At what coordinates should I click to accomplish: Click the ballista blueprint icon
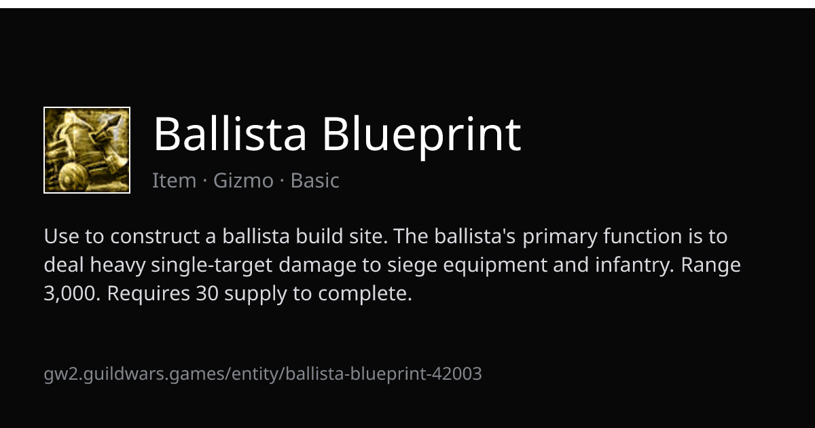click(x=87, y=150)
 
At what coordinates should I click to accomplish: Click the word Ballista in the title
click(x=230, y=134)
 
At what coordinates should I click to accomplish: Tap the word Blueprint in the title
click(x=422, y=137)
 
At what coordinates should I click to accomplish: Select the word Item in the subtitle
click(x=175, y=180)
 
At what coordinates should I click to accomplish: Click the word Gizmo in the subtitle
click(x=243, y=180)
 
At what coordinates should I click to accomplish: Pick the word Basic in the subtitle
click(x=314, y=180)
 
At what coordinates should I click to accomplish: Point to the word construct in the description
click(x=155, y=236)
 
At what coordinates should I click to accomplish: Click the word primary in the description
click(x=560, y=237)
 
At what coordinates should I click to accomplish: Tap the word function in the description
click(x=642, y=236)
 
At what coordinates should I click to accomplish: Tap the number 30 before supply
click(x=207, y=293)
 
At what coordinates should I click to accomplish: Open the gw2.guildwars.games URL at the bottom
click(x=263, y=374)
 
